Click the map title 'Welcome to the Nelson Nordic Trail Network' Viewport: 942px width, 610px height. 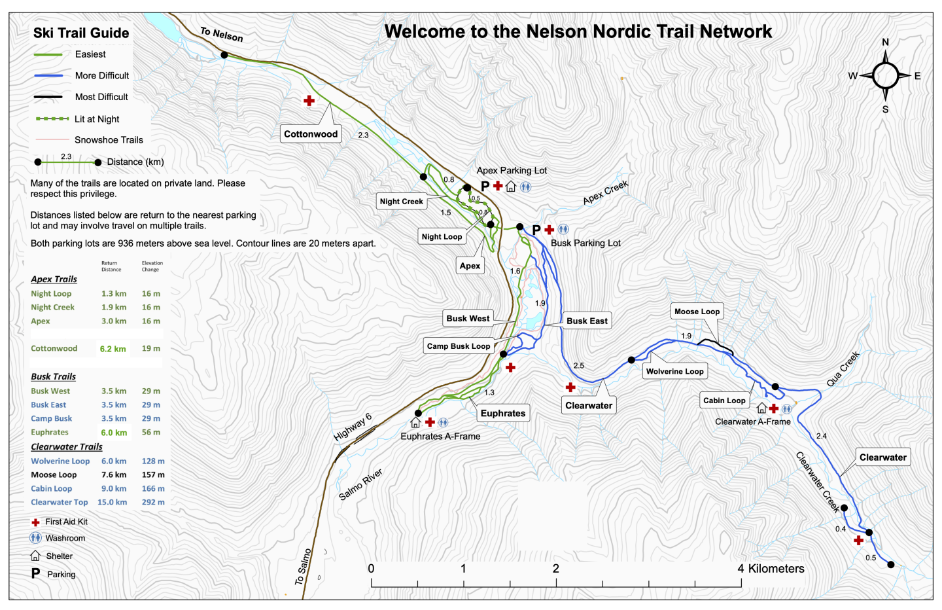pyautogui.click(x=578, y=31)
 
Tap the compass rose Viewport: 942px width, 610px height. pyautogui.click(x=885, y=76)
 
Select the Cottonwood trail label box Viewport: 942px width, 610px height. pyautogui.click(x=311, y=134)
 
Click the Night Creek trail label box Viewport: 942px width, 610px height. pyautogui.click(x=402, y=202)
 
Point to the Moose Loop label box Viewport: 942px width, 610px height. pyautogui.click(x=697, y=312)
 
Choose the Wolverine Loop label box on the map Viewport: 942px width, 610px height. pyautogui.click(x=674, y=371)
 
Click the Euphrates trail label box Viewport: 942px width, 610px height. pyautogui.click(x=502, y=413)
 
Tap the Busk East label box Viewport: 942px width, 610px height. pyautogui.click(x=587, y=321)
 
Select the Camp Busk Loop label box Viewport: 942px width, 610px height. pyautogui.click(x=458, y=346)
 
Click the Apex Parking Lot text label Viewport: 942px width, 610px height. pyautogui.click(x=512, y=171)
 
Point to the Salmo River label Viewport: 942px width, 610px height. pyautogui.click(x=360, y=484)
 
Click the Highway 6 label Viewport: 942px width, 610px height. pyautogui.click(x=353, y=427)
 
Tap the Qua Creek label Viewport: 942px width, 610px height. pyautogui.click(x=843, y=369)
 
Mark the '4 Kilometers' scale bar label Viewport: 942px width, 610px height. pyautogui.click(x=771, y=569)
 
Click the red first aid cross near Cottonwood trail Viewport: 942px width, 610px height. pyautogui.click(x=309, y=100)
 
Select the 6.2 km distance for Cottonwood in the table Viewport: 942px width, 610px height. pyautogui.click(x=113, y=349)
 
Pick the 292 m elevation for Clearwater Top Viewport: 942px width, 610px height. pyautogui.click(x=153, y=503)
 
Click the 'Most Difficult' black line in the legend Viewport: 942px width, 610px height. pyautogui.click(x=48, y=97)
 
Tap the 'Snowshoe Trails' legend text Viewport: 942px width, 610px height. pyautogui.click(x=109, y=140)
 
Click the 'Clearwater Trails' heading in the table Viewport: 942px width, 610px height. pyautogui.click(x=67, y=447)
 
